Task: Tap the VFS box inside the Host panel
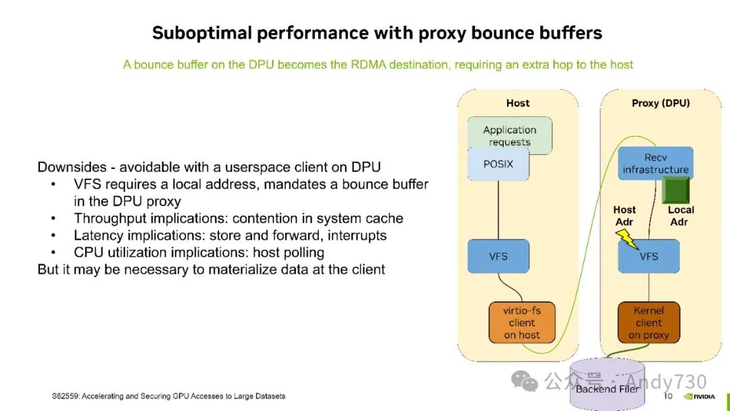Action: tap(498, 256)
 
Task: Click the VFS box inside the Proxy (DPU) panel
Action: tap(649, 256)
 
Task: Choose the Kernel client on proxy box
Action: tap(649, 322)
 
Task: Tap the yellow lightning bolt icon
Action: tap(627, 238)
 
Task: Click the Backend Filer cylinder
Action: tap(606, 385)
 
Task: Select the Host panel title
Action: tap(518, 103)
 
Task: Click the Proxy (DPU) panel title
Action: tap(660, 103)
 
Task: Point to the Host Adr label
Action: tap(625, 216)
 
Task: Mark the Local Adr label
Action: tap(681, 216)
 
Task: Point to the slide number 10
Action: tap(668, 395)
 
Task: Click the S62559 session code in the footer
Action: tap(66, 395)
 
